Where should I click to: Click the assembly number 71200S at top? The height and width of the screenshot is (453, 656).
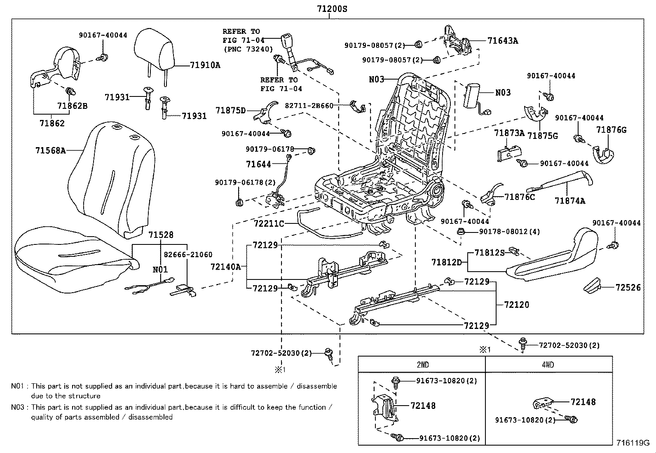332,8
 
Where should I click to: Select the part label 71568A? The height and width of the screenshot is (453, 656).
50,150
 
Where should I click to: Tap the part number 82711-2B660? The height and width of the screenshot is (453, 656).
309,106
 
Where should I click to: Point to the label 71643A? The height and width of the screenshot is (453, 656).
502,41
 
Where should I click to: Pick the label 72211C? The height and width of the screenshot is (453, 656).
269,224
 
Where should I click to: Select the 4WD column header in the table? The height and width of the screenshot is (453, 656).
548,365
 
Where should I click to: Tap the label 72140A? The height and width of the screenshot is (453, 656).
225,267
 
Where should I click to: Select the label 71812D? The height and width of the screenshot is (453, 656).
446,262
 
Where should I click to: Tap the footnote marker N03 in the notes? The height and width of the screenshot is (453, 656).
17,407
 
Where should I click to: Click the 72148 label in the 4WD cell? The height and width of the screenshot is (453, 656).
583,402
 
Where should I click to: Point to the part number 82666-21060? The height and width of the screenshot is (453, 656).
187,255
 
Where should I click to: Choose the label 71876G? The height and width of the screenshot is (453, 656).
611,130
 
